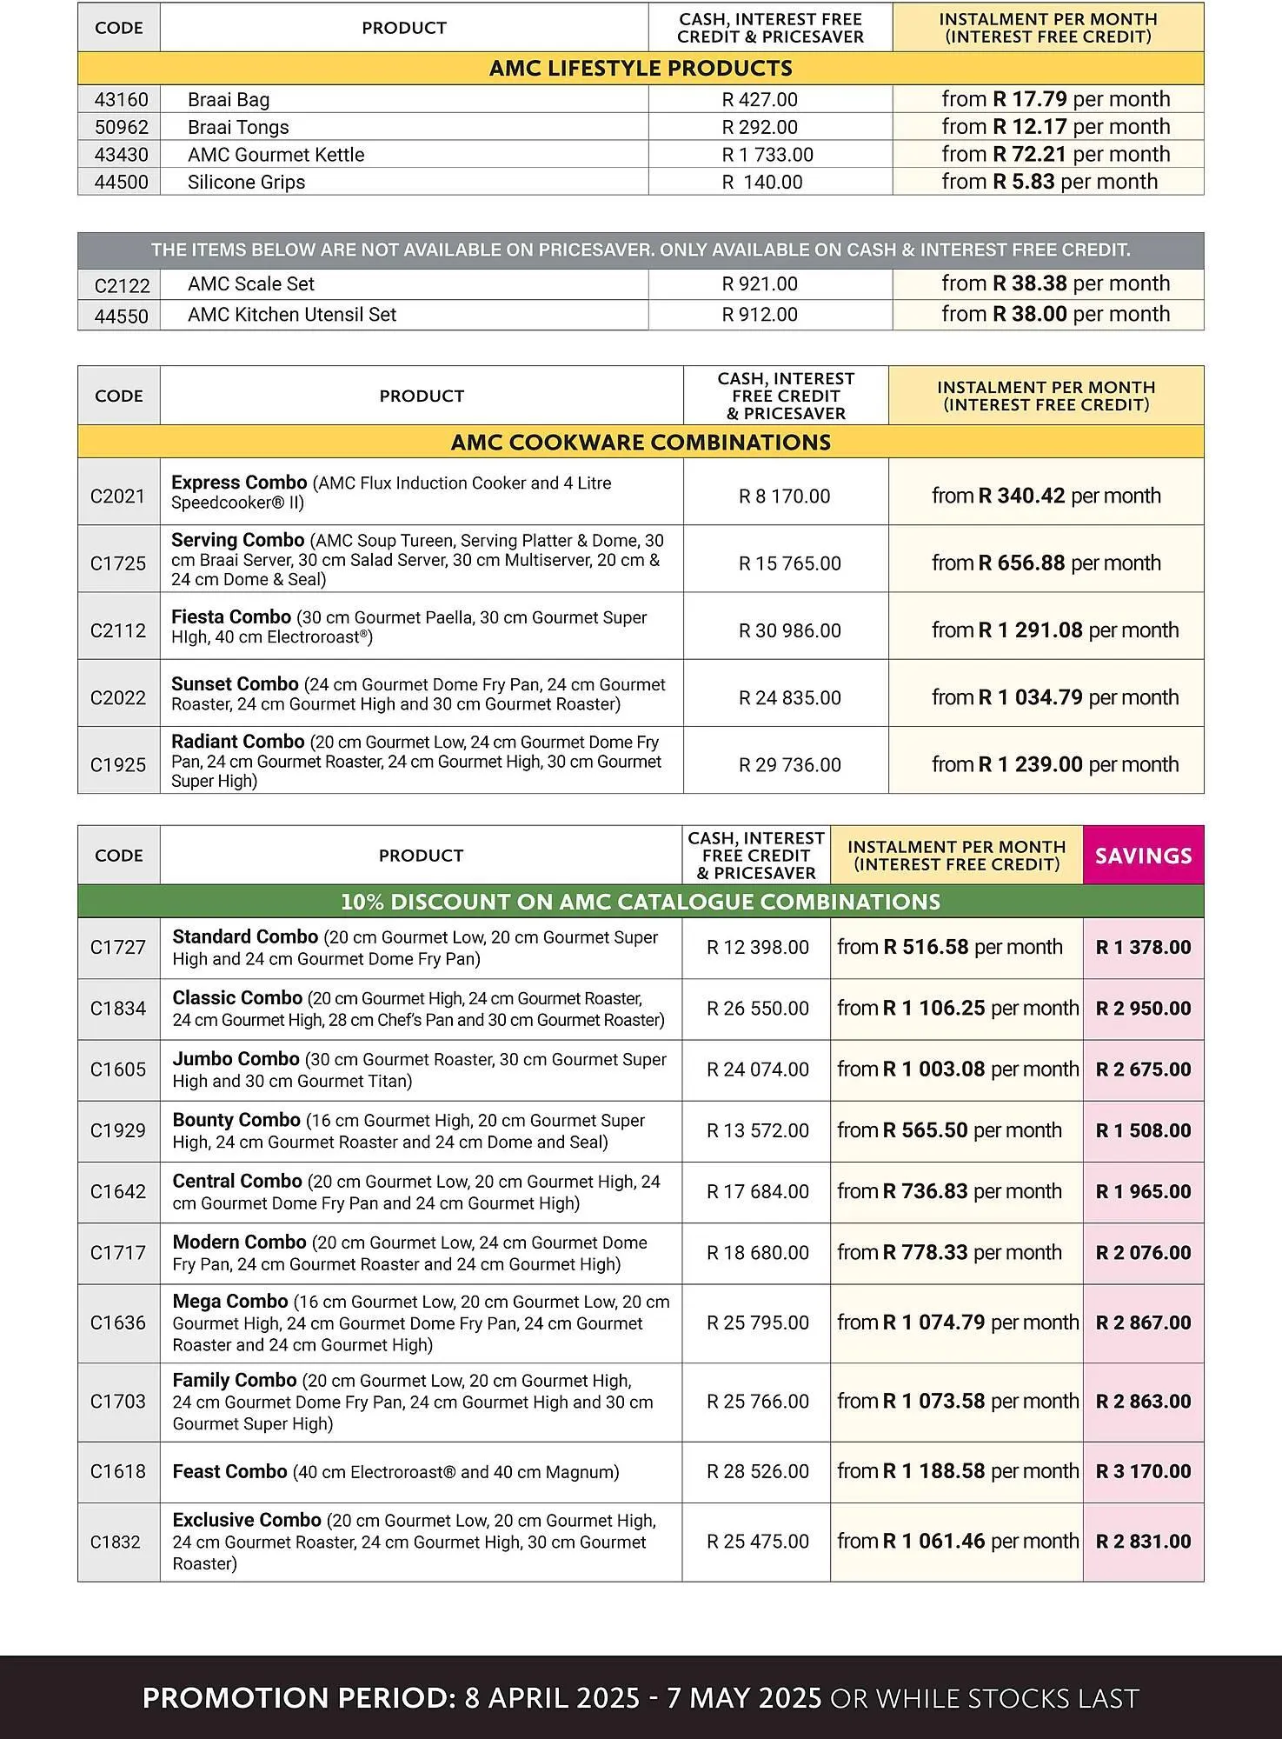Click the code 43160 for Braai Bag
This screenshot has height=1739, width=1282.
121,100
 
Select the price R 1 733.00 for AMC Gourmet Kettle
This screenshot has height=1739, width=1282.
767,155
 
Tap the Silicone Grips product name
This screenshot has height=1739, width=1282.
246,183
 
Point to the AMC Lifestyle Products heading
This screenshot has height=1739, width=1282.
641,69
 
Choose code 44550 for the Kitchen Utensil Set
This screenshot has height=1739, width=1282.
121,316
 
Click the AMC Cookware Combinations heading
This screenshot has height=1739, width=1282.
641,443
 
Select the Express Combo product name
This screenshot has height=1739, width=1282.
239,483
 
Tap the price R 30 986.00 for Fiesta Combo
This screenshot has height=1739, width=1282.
789,630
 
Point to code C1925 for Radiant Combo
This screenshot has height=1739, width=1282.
118,765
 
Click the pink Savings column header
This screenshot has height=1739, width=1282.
1143,856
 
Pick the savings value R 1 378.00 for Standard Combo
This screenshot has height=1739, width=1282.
1143,948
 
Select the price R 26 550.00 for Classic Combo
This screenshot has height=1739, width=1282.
757,1009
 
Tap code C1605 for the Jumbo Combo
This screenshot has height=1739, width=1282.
118,1069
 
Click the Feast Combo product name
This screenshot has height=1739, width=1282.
229,1471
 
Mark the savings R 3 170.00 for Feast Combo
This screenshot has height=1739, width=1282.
1143,1471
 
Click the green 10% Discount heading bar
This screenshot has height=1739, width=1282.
641,902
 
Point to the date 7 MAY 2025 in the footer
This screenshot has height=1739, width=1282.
744,1698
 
